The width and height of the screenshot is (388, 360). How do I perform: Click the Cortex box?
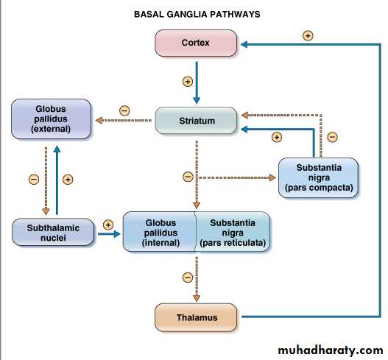click(x=196, y=43)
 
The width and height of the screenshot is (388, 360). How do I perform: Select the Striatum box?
click(x=196, y=121)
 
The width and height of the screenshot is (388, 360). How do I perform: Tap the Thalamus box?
click(x=196, y=317)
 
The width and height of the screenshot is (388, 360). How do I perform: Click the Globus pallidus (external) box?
click(x=51, y=119)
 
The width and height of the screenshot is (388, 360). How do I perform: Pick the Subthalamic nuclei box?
click(x=53, y=232)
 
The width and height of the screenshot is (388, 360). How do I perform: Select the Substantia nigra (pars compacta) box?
click(x=318, y=177)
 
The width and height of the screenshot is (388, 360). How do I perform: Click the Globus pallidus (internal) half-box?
click(x=160, y=232)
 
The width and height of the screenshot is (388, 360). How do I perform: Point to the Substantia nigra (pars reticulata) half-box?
click(x=233, y=232)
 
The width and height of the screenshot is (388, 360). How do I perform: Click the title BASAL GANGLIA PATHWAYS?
click(x=197, y=14)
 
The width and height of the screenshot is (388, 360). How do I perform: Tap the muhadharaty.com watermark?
click(x=331, y=350)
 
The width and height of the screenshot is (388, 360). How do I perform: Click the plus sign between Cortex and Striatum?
click(x=188, y=82)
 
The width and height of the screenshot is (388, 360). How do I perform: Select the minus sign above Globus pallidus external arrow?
click(x=124, y=110)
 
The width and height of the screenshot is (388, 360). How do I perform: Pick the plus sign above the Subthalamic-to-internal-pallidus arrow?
click(x=108, y=225)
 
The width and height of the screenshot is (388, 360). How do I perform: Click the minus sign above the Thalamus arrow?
click(x=188, y=277)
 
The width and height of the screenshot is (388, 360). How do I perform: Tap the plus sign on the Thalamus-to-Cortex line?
click(x=308, y=35)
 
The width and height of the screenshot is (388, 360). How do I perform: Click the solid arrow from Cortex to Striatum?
click(x=197, y=82)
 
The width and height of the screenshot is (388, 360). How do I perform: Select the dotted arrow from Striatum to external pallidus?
click(x=124, y=121)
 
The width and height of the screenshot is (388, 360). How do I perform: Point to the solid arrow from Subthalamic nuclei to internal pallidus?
click(x=109, y=234)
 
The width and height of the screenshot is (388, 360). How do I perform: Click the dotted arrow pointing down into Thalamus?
click(x=197, y=279)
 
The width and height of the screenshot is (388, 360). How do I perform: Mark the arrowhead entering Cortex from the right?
click(x=244, y=44)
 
